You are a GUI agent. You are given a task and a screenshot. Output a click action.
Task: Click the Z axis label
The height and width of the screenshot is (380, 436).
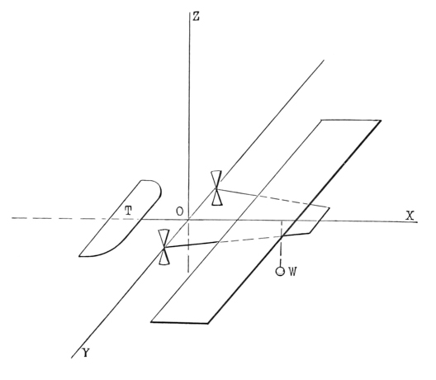197,17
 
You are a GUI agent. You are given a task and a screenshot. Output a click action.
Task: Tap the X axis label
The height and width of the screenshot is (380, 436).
410,216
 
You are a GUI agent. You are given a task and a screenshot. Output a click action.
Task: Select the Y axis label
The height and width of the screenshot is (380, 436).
86,353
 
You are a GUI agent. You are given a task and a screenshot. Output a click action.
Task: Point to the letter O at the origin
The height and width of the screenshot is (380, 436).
180,211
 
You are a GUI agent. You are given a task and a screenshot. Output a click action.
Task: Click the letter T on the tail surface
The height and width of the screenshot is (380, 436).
128,211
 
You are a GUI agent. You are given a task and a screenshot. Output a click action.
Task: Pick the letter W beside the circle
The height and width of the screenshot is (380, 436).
292,271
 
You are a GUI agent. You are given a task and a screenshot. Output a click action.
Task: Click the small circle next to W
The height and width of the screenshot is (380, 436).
280,271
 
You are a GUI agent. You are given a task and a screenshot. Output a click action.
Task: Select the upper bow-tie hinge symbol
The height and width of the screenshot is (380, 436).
216,188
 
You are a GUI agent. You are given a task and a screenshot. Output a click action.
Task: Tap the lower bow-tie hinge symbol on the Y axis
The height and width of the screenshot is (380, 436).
163,247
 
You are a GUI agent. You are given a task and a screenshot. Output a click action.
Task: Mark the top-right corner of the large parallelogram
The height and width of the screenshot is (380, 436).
381,121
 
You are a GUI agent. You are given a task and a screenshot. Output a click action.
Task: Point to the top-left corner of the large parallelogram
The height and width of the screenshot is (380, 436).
321,120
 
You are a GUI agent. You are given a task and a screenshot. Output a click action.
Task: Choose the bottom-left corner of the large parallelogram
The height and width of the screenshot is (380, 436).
151,322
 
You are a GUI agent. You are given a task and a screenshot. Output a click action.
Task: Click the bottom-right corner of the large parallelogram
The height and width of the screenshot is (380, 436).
208,324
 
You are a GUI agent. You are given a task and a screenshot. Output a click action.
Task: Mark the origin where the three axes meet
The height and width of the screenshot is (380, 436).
189,219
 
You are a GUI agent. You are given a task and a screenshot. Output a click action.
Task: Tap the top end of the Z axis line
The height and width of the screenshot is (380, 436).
189,12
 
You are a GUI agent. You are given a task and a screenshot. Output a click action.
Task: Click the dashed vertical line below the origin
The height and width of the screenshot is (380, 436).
189,246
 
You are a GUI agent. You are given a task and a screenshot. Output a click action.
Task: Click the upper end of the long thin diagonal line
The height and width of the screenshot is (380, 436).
324,59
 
